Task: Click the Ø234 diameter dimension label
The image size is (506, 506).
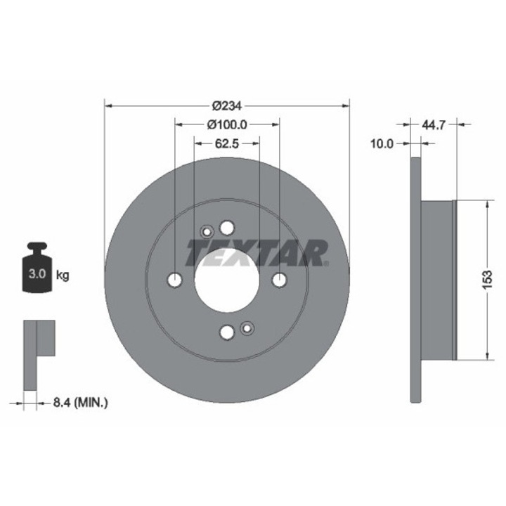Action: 226,105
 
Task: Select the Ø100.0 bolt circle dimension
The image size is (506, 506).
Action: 227,124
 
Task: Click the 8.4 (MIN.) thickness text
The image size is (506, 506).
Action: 80,403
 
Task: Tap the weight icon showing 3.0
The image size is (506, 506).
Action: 37,270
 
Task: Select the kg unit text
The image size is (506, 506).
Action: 63,275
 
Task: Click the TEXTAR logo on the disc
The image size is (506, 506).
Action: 257,253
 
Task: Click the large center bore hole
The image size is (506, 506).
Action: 226,280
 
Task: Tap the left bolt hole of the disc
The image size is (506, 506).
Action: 175,280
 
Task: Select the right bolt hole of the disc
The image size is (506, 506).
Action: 279,280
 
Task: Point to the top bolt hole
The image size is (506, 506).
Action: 226,228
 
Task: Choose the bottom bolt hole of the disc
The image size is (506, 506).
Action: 226,332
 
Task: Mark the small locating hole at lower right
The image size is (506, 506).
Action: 247,327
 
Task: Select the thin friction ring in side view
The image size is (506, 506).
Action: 415,280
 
